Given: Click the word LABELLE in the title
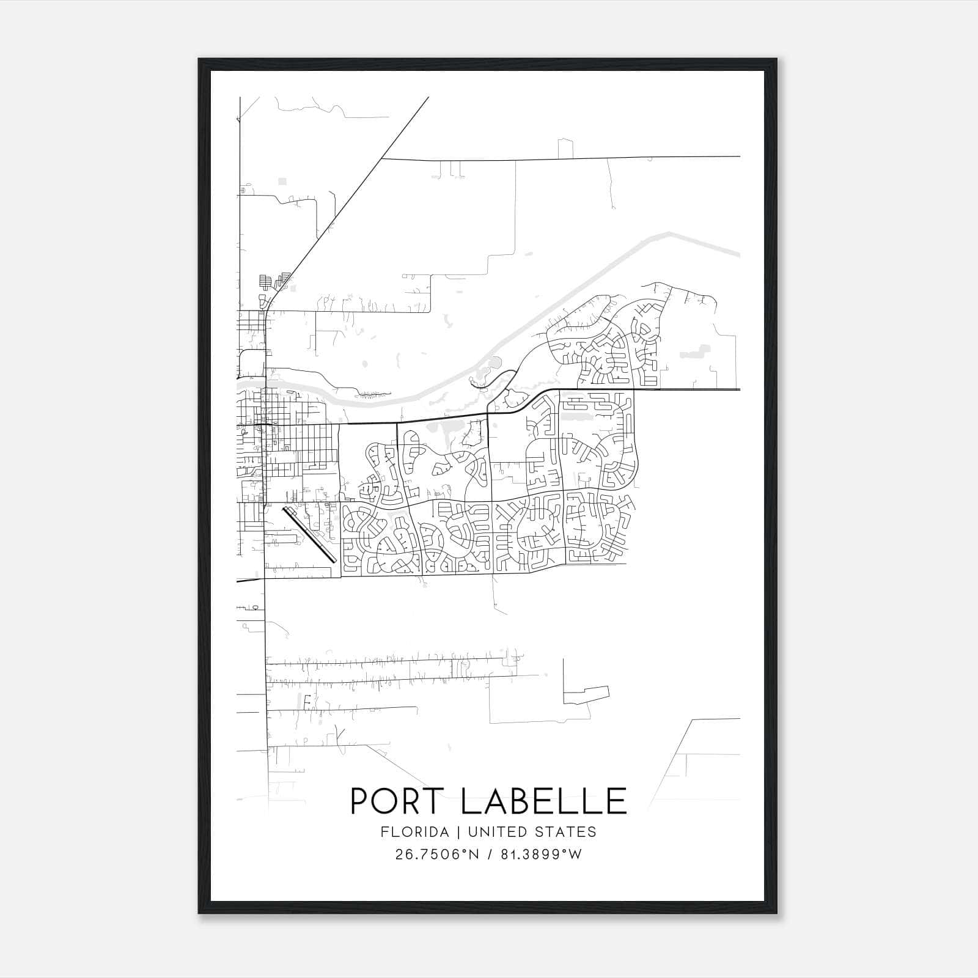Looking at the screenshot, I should [x=544, y=801].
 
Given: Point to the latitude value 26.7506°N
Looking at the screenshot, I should [x=437, y=855].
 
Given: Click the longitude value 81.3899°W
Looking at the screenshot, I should [x=542, y=855].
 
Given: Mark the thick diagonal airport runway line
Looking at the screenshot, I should [x=309, y=533].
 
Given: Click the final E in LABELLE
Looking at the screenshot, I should [x=616, y=801].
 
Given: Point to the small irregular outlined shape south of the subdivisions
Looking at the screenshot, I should [x=586, y=693].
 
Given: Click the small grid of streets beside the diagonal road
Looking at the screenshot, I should [x=265, y=282].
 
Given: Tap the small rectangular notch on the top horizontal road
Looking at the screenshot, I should [x=566, y=149].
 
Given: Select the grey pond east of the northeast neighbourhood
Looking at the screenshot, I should [x=694, y=351].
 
